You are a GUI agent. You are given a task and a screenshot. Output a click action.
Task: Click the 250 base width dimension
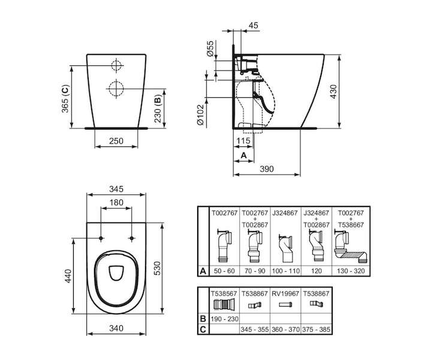(116, 141)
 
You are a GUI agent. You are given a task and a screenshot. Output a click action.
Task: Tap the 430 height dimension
(333, 92)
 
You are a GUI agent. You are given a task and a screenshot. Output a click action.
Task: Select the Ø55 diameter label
(210, 49)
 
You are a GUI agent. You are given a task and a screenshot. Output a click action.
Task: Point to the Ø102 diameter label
(200, 115)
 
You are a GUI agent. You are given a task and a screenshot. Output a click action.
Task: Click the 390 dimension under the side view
(266, 169)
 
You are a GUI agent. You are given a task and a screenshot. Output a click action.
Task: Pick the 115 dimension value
(243, 141)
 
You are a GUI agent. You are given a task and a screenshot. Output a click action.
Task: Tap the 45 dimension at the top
(254, 25)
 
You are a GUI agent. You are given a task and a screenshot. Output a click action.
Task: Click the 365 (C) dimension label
(65, 99)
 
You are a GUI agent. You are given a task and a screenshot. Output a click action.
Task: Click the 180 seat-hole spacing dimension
(116, 202)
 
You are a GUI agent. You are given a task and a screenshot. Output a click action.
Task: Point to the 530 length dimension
(158, 268)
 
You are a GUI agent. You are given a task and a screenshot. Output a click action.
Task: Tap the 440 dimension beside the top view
(68, 276)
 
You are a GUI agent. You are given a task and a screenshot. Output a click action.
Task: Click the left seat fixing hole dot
(101, 238)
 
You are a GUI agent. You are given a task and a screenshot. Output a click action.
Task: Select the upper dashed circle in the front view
(116, 65)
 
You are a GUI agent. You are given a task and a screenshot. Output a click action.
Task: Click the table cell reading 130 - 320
(351, 271)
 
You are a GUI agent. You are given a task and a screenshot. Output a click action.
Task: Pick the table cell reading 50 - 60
(224, 271)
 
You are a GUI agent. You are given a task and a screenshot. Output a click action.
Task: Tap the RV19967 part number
(285, 293)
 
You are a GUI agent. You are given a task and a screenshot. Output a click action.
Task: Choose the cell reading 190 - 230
(224, 319)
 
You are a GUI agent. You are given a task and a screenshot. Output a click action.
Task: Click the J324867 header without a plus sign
(285, 213)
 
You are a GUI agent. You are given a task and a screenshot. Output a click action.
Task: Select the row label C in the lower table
(203, 329)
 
